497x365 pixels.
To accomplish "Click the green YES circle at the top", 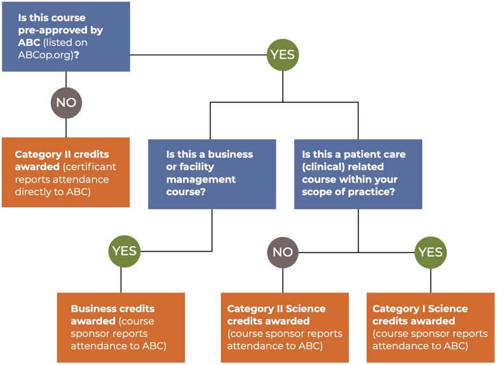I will (x=283, y=55).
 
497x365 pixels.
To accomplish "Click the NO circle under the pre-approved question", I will (x=66, y=102).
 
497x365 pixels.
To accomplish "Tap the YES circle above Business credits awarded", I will (x=124, y=251).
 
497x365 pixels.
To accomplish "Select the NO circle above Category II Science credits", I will (x=283, y=252).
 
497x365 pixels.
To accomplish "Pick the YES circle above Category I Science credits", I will (x=430, y=252).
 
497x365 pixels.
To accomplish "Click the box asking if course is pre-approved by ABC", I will (x=66, y=36).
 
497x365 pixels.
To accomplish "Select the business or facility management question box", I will (x=212, y=174).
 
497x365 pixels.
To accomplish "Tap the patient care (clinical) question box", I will (x=358, y=174).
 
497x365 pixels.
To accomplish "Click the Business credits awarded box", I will (x=121, y=327).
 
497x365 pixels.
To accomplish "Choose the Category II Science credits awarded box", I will (x=285, y=327).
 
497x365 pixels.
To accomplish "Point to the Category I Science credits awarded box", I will (x=430, y=327).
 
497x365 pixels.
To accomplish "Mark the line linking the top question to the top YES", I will (x=197, y=55).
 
